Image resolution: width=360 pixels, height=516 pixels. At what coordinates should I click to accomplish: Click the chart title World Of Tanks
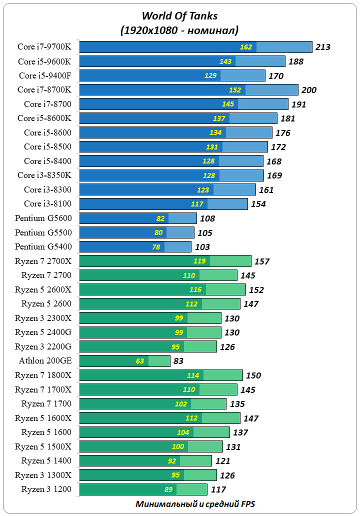click(x=179, y=16)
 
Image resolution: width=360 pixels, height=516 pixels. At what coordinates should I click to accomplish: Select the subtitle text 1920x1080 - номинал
click(x=179, y=30)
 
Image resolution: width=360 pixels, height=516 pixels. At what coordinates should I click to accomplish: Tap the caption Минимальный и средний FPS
click(x=195, y=503)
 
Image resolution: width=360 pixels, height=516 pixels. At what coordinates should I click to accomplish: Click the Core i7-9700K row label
click(x=44, y=47)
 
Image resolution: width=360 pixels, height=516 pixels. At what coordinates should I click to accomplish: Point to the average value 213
click(x=323, y=47)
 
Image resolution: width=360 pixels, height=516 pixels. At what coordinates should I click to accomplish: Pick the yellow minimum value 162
click(x=246, y=47)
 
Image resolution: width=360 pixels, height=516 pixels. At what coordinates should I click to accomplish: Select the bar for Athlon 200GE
click(x=125, y=361)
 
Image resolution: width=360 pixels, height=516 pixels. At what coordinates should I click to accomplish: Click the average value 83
click(x=178, y=361)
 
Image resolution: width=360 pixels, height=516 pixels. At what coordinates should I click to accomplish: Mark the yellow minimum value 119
click(x=199, y=261)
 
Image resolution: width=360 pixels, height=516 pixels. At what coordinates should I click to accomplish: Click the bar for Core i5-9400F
click(x=172, y=75)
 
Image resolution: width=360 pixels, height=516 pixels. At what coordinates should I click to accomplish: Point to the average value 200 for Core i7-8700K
click(x=309, y=90)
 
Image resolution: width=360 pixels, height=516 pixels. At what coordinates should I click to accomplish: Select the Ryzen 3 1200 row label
click(x=46, y=489)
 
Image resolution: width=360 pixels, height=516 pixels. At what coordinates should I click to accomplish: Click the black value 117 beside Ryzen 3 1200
click(x=218, y=489)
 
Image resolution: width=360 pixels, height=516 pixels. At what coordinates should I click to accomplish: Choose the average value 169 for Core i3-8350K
click(x=274, y=175)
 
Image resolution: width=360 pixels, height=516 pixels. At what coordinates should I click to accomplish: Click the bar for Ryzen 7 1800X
click(x=161, y=375)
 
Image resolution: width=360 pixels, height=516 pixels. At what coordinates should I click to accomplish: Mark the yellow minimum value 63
click(x=140, y=361)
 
